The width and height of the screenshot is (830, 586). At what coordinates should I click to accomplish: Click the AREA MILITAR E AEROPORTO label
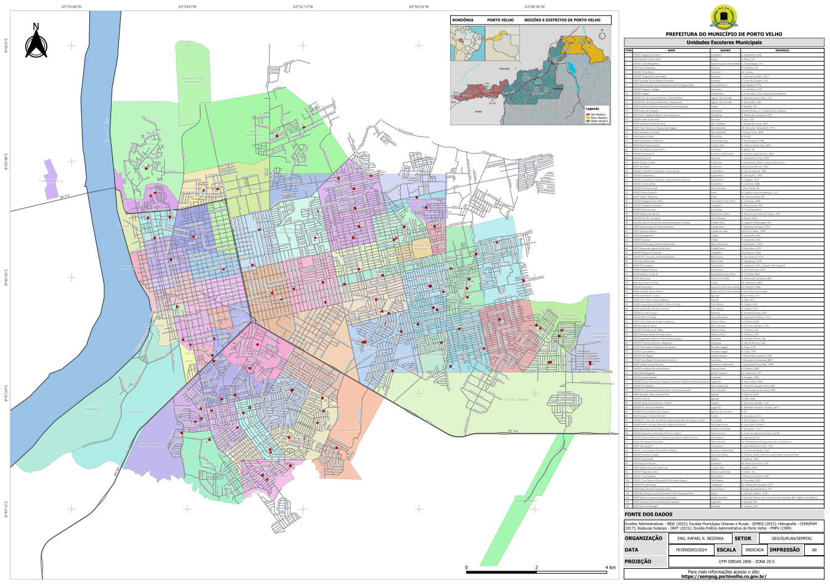[192, 80]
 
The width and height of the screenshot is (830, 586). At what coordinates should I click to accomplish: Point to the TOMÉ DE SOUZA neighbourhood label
[51, 181]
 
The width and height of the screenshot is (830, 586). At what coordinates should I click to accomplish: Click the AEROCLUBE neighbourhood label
[348, 430]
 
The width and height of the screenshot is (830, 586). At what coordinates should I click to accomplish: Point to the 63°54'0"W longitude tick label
[187, 7]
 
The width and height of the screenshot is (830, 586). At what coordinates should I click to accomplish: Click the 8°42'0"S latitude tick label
[6, 46]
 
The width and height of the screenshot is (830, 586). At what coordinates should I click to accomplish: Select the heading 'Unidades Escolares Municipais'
[723, 43]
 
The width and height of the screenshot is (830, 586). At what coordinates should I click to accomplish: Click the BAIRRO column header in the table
[725, 50]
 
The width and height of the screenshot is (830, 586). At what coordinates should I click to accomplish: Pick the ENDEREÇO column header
[782, 50]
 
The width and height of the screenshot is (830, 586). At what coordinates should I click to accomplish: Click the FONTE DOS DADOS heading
[648, 514]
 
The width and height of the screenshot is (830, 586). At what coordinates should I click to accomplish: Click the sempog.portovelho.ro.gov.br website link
[723, 577]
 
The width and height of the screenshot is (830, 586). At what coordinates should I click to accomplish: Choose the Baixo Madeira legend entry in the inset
[598, 118]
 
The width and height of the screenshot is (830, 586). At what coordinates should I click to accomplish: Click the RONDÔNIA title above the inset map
[463, 20]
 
